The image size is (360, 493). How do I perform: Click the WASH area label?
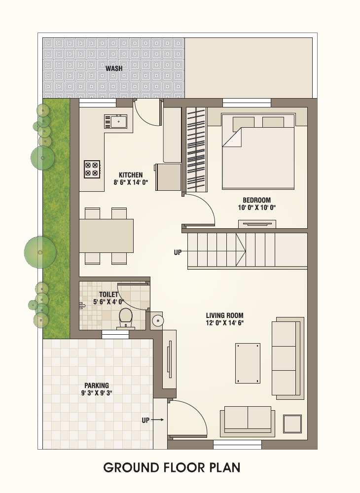(114, 68)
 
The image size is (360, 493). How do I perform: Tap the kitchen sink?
(116, 121)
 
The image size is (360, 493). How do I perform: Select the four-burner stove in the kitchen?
(92, 169)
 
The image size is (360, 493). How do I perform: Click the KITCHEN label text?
(131, 175)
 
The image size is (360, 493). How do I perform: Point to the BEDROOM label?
(256, 200)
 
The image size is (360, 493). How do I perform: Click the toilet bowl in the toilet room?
(126, 317)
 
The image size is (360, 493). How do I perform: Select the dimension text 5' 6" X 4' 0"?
(109, 302)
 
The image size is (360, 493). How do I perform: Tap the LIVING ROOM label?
(224, 316)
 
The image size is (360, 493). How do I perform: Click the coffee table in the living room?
(248, 363)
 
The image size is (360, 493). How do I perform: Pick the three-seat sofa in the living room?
(288, 358)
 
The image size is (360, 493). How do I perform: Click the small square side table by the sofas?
(292, 424)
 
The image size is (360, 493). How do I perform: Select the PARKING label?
(97, 386)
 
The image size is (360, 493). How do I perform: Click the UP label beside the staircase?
(178, 252)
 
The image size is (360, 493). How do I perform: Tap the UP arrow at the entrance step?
(157, 420)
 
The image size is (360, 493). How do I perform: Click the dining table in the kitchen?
(106, 236)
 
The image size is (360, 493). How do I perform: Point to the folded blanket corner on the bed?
(232, 137)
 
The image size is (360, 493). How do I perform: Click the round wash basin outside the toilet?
(157, 321)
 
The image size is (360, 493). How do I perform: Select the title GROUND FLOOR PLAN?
(172, 467)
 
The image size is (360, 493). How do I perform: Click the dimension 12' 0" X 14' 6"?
(224, 323)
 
